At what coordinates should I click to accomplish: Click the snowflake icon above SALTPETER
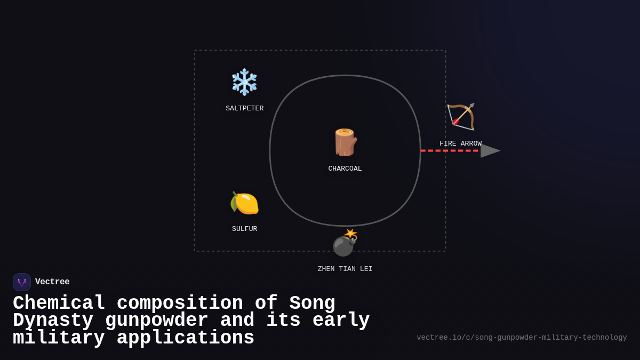click(244, 82)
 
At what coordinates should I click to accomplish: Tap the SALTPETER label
click(244, 109)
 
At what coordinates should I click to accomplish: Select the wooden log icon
click(345, 142)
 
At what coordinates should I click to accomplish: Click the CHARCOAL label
click(345, 169)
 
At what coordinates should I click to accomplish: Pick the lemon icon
click(244, 203)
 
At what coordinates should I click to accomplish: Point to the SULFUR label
click(244, 229)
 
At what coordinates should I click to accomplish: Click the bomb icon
click(343, 245)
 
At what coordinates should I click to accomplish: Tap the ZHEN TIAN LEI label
click(345, 269)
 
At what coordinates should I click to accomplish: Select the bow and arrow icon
click(460, 117)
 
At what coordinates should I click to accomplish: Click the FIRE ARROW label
click(460, 144)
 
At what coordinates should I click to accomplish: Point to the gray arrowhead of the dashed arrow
click(490, 151)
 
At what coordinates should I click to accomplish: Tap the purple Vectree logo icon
click(22, 282)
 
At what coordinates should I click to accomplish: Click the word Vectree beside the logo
click(52, 282)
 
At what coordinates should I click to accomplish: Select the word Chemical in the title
click(59, 303)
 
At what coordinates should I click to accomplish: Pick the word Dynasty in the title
click(53, 321)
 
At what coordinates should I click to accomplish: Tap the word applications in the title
click(185, 338)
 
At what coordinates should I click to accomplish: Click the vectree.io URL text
click(521, 338)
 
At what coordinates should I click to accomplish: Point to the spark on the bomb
click(350, 234)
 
